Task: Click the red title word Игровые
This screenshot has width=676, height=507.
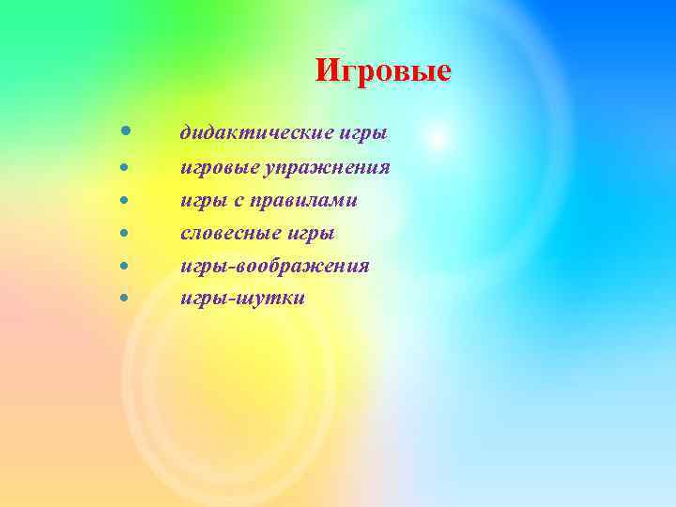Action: pyautogui.click(x=383, y=70)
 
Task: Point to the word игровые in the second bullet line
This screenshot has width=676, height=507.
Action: pyautogui.click(x=218, y=168)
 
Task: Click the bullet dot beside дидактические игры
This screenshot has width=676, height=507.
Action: pyautogui.click(x=125, y=131)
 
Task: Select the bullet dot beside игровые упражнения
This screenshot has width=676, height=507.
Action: pyautogui.click(x=125, y=167)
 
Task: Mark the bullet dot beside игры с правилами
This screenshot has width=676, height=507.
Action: pyautogui.click(x=125, y=200)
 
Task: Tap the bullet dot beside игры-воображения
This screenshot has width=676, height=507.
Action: pyautogui.click(x=125, y=266)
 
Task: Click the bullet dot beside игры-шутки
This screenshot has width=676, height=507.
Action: pyautogui.click(x=125, y=299)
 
